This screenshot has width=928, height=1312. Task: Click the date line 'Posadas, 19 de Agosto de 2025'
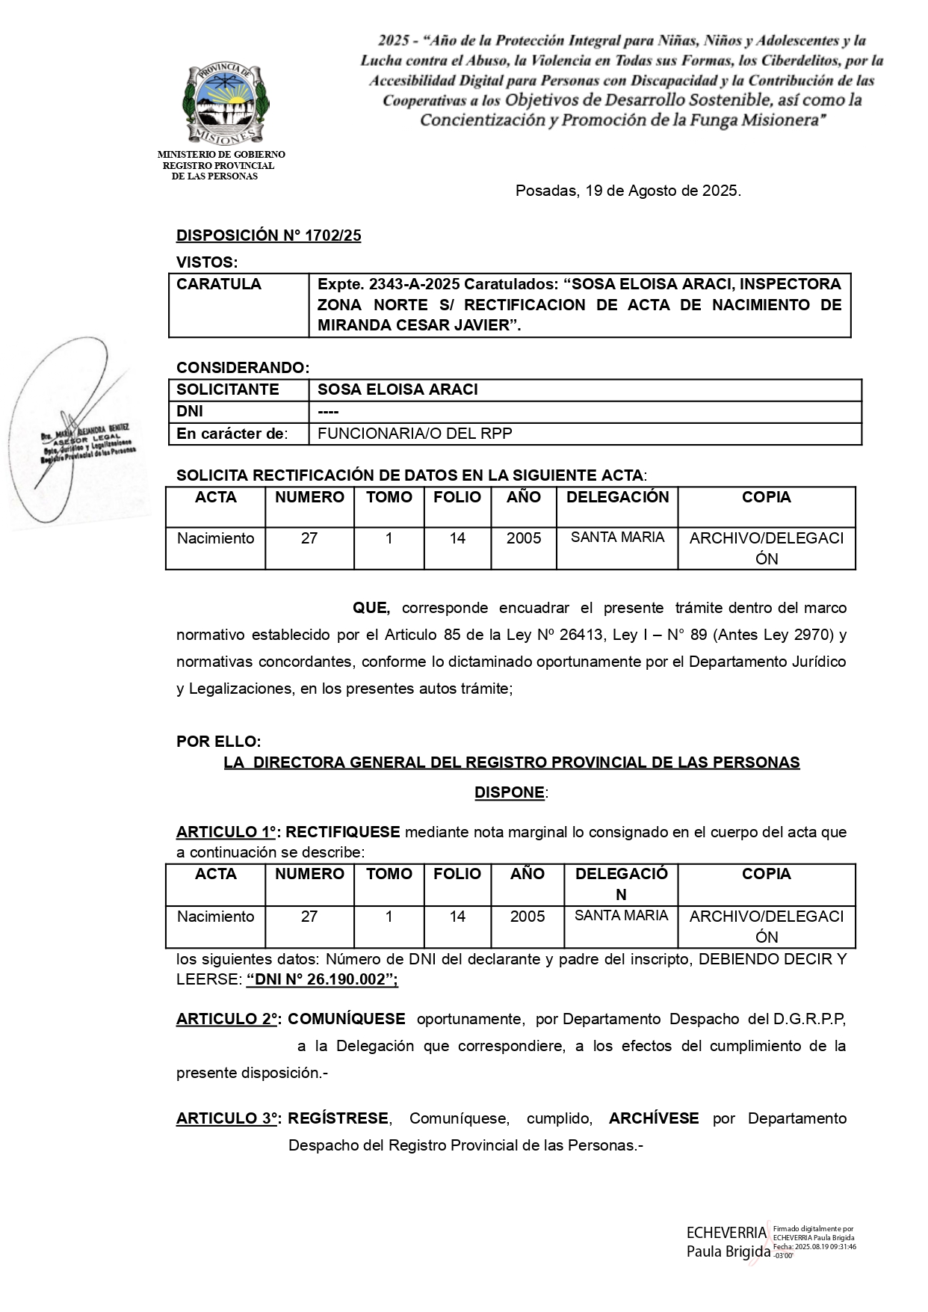[x=628, y=191]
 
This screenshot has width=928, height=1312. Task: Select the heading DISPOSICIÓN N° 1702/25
[x=268, y=235]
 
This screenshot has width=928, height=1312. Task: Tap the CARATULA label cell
[x=219, y=284]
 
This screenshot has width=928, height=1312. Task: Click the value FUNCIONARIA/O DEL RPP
[x=415, y=434]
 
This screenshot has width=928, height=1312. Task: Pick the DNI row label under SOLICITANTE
[x=190, y=412]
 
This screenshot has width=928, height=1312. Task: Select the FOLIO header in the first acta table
[x=457, y=497]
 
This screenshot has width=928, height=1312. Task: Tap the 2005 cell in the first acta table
[x=523, y=538]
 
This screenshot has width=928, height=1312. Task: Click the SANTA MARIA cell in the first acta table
[x=617, y=538]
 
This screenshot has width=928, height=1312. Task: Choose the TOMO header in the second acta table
[x=389, y=874]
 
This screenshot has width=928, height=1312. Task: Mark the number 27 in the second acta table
[x=309, y=917]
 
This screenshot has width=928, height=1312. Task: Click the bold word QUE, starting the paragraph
[x=371, y=608]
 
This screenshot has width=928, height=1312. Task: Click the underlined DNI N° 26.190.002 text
[x=321, y=979]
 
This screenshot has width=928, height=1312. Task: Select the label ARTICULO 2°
[x=228, y=1019]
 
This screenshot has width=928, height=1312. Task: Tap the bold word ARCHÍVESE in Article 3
[x=654, y=1118]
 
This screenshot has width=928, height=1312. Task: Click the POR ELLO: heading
[x=218, y=742]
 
